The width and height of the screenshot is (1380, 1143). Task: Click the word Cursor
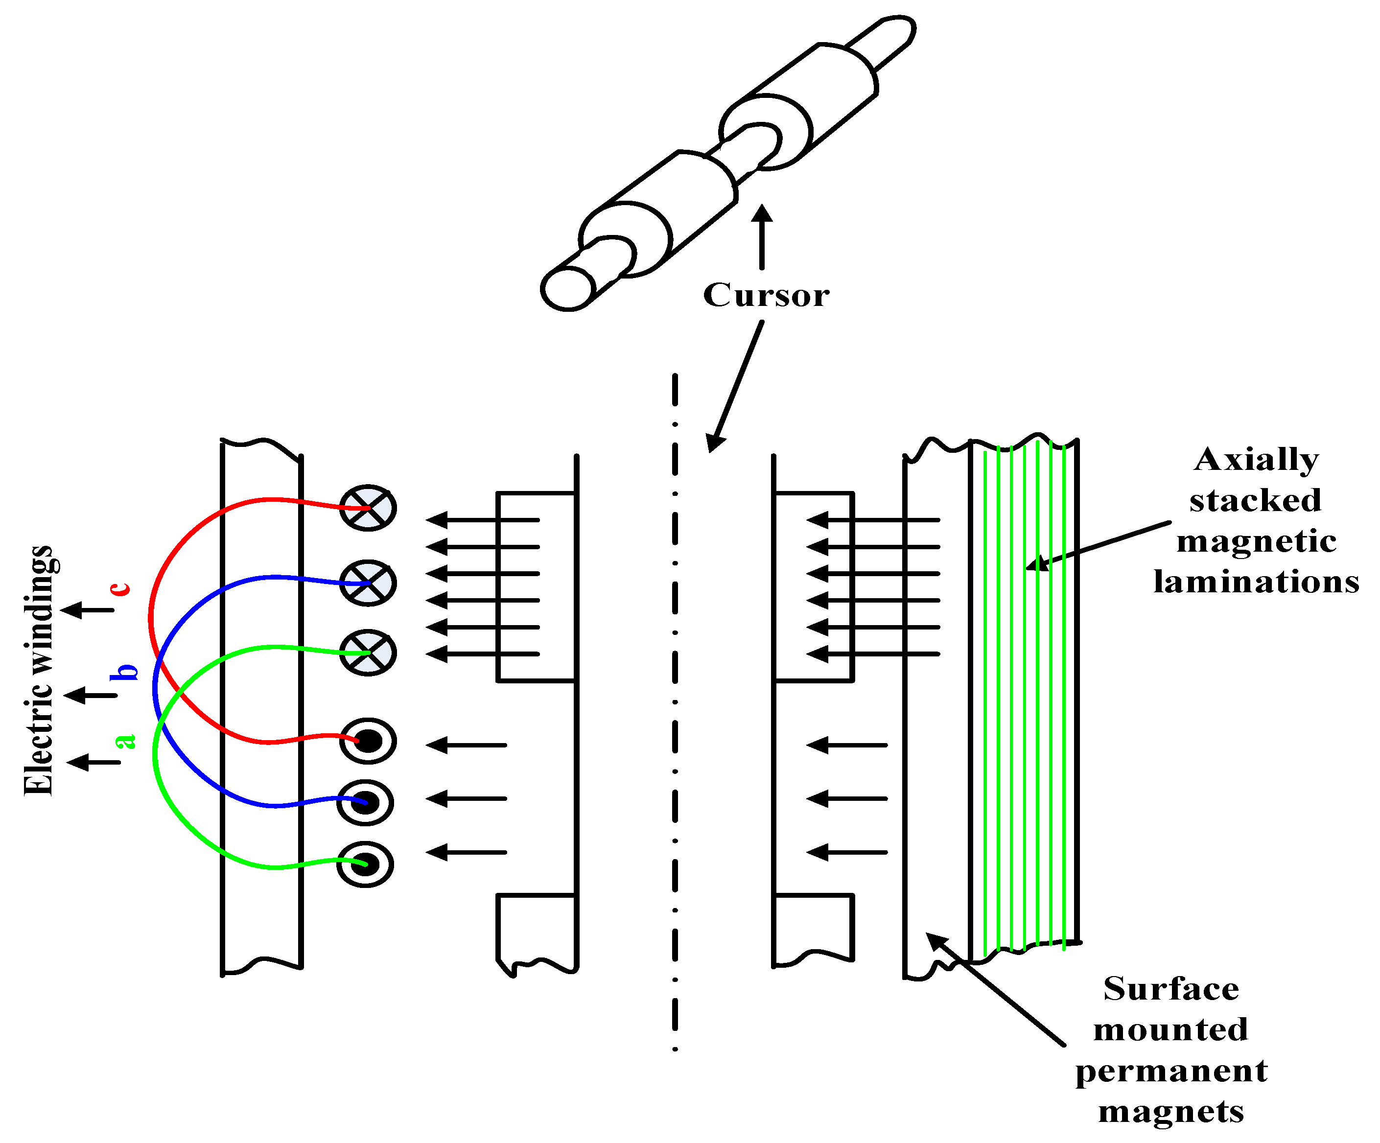pyautogui.click(x=766, y=295)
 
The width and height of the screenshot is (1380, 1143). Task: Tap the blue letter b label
pyautogui.click(x=125, y=672)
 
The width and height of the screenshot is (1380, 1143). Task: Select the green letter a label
pyautogui.click(x=125, y=741)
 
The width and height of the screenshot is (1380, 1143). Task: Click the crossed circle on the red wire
pyautogui.click(x=368, y=508)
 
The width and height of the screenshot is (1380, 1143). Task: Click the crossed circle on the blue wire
pyautogui.click(x=368, y=583)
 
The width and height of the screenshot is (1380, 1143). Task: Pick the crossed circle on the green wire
pyautogui.click(x=368, y=653)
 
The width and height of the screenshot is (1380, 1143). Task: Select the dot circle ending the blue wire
pyautogui.click(x=365, y=802)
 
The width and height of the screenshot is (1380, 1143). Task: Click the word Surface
pyautogui.click(x=1171, y=988)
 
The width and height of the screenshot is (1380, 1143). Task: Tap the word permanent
pyautogui.click(x=1171, y=1071)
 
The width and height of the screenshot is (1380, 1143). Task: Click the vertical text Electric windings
pyautogui.click(x=40, y=671)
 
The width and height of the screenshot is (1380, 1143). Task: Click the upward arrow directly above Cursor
pyautogui.click(x=762, y=236)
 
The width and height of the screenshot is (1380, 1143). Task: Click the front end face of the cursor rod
pyautogui.click(x=568, y=288)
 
